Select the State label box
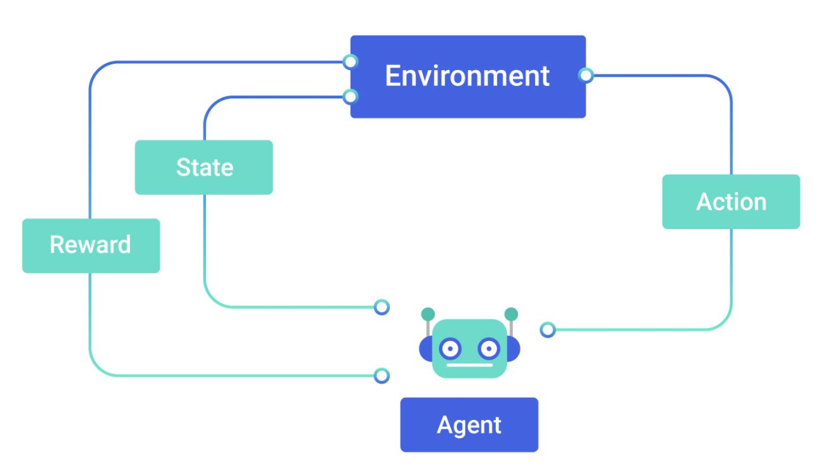pos(203,167)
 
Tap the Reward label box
pos(90,245)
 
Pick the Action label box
pos(731,201)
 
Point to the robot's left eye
pos(449,347)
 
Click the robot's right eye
pos(488,347)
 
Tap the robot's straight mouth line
pos(469,365)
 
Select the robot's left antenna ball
pos(428,314)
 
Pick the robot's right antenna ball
pos(511,314)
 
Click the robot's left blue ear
pos(425,348)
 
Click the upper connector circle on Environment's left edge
pos(350,62)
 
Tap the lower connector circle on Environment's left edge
pos(350,97)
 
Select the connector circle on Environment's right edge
pos(586,76)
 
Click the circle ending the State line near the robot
pos(381,308)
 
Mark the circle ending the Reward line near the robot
pos(381,376)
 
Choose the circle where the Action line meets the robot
pos(548,330)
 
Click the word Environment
pos(467,76)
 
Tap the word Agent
pos(469,425)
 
